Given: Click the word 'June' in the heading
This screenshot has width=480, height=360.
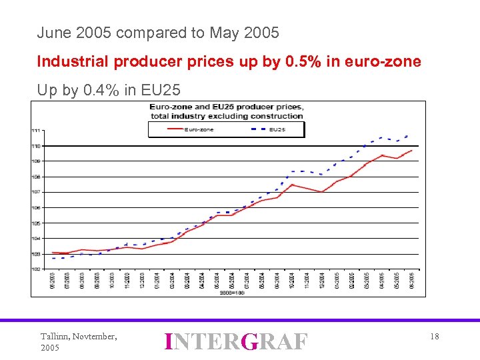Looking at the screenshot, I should coord(51,32).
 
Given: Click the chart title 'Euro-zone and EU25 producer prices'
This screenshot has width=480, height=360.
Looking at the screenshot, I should coord(227,107).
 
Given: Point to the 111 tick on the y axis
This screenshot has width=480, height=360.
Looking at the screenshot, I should coord(35,130).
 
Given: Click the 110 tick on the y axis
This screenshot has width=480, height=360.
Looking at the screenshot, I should coord(35,145).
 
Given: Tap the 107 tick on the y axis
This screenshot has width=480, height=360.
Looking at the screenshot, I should coord(35,192).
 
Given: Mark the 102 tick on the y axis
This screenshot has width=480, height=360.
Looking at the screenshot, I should coord(35,269).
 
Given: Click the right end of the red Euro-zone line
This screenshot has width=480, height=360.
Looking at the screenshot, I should coord(411,151).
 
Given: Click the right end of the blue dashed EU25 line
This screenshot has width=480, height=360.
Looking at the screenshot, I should coord(407,136).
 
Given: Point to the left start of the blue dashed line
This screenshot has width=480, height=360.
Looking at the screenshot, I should coord(53,258).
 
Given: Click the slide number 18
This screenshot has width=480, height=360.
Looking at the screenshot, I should coord(434,337).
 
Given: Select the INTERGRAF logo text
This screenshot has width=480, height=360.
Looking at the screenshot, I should coord(236,341).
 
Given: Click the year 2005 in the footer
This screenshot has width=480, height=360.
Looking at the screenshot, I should coord(50,348).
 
